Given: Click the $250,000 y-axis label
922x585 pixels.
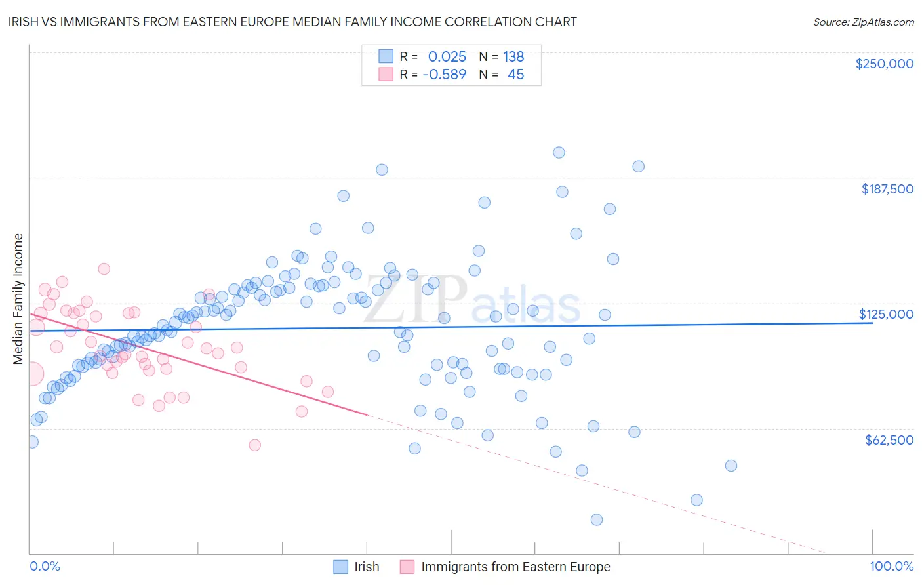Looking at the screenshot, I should (x=884, y=64).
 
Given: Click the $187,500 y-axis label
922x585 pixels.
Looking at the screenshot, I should (x=887, y=189).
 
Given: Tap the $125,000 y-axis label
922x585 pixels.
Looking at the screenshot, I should (x=886, y=314).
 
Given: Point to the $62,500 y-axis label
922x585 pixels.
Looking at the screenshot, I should (x=889, y=440).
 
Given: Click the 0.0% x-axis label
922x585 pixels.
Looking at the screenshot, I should (x=45, y=567).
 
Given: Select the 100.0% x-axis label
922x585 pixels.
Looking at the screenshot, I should (x=891, y=567).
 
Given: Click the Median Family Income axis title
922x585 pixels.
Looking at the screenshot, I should (x=18, y=299).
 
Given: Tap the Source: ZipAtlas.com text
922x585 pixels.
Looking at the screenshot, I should (x=863, y=22).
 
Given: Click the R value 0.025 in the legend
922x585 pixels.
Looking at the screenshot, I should (x=447, y=56).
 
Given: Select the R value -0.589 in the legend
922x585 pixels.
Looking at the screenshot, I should (x=444, y=75).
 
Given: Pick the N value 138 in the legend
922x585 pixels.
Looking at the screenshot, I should (x=513, y=56).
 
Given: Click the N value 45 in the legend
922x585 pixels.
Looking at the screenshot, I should (x=515, y=75).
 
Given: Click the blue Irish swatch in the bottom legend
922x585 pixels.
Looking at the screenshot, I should (x=340, y=567).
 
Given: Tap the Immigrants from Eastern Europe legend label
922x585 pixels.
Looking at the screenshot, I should (x=515, y=567).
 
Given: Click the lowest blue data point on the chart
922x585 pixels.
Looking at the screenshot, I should (x=596, y=520).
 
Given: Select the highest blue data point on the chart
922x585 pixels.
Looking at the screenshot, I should (x=559, y=153).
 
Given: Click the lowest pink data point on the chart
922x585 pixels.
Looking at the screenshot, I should (x=254, y=445).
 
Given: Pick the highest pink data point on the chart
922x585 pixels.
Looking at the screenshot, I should (x=104, y=269).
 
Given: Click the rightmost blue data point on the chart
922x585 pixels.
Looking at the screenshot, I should (x=731, y=466).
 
